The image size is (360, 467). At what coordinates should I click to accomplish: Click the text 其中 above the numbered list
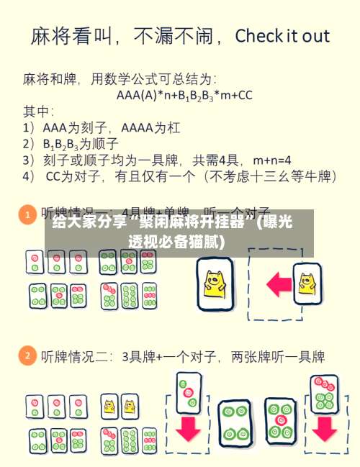pos(37,111)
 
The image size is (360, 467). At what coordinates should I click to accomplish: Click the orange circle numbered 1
pos(27,214)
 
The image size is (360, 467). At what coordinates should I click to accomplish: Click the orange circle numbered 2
pos(27,356)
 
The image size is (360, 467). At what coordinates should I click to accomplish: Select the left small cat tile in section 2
pos(109,407)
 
